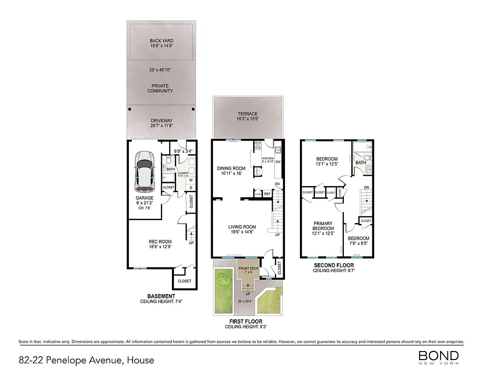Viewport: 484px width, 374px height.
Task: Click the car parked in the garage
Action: point(145,172)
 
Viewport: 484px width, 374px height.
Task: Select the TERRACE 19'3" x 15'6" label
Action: point(248,116)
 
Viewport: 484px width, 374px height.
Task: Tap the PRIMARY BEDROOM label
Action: point(323,226)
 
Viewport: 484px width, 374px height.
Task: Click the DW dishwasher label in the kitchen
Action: point(278,162)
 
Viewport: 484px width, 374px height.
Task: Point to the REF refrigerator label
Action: point(267,193)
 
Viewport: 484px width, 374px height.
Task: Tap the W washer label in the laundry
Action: point(191,180)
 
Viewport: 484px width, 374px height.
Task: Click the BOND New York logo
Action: point(438,358)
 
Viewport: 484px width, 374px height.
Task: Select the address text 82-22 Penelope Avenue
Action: point(86,360)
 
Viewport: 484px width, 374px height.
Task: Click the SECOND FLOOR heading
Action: point(337,266)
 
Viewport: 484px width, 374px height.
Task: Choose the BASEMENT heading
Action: point(161,296)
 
